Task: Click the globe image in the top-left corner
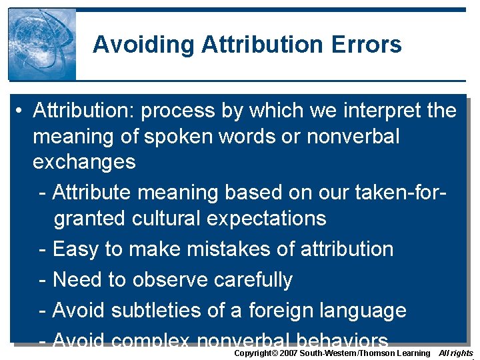coord(42,44)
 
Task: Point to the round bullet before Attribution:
coord(22,111)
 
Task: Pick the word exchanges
coord(84,162)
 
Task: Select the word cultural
coord(171,218)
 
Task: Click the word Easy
coord(75,249)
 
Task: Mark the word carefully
coord(253,280)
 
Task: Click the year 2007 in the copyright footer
coord(289,353)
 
